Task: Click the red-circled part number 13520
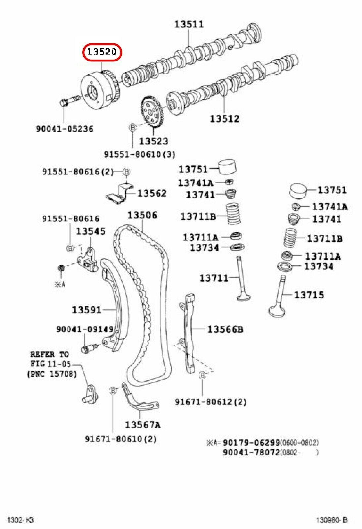click(102, 52)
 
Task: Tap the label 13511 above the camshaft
click(189, 24)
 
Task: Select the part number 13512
click(224, 118)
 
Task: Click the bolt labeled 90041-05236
click(69, 101)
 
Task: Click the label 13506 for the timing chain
click(142, 215)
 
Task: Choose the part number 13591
click(86, 310)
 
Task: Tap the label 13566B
click(225, 329)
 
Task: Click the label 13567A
click(143, 425)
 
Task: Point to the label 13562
click(152, 193)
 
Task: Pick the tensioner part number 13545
click(91, 231)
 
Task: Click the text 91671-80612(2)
click(210, 402)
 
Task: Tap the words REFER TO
click(50, 355)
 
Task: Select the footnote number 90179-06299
click(251, 443)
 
